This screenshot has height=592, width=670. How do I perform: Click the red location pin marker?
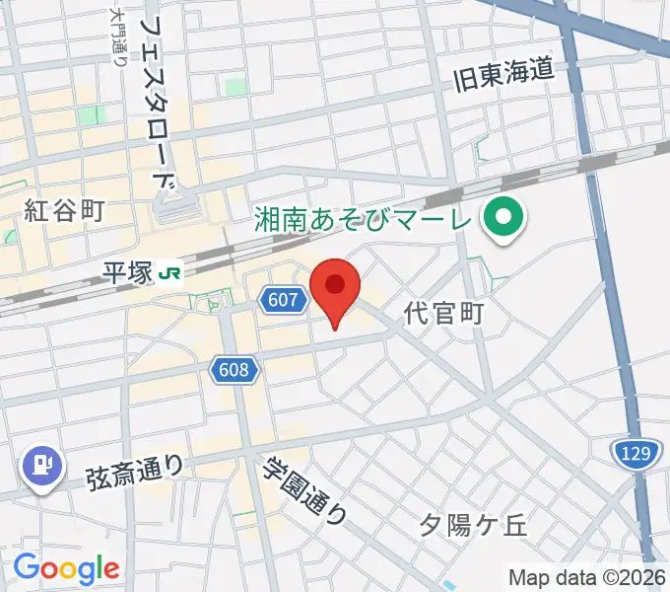click(335, 288)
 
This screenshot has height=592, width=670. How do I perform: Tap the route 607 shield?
click(282, 301)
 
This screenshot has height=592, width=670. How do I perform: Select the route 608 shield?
click(234, 370)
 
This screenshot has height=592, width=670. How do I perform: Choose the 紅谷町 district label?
click(64, 211)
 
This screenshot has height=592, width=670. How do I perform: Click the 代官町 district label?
click(444, 315)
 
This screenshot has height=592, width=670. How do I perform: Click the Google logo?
click(66, 568)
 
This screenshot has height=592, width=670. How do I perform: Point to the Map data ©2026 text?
click(587, 577)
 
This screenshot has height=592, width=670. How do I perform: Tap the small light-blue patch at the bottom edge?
click(448, 586)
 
